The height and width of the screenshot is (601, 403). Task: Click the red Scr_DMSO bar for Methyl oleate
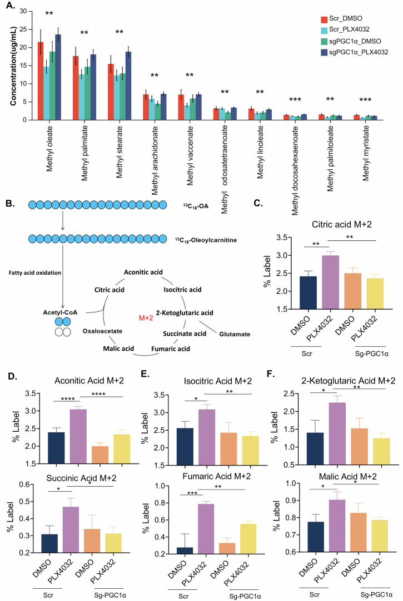pyautogui.click(x=40, y=81)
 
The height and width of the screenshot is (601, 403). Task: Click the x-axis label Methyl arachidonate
pyautogui.click(x=155, y=160)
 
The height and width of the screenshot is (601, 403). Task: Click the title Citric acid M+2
pyautogui.click(x=342, y=224)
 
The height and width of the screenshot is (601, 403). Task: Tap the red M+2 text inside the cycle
pyautogui.click(x=146, y=318)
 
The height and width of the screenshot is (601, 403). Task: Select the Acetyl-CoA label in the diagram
pyautogui.click(x=60, y=312)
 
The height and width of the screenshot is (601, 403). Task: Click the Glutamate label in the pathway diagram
pyautogui.click(x=235, y=334)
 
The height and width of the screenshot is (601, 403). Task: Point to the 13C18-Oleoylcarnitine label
pyautogui.click(x=206, y=240)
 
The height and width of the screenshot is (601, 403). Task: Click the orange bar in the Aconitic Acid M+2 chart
pyautogui.click(x=100, y=454)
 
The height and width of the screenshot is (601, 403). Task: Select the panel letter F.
pyautogui.click(x=271, y=373)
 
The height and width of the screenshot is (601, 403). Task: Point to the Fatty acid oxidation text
pyautogui.click(x=35, y=273)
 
